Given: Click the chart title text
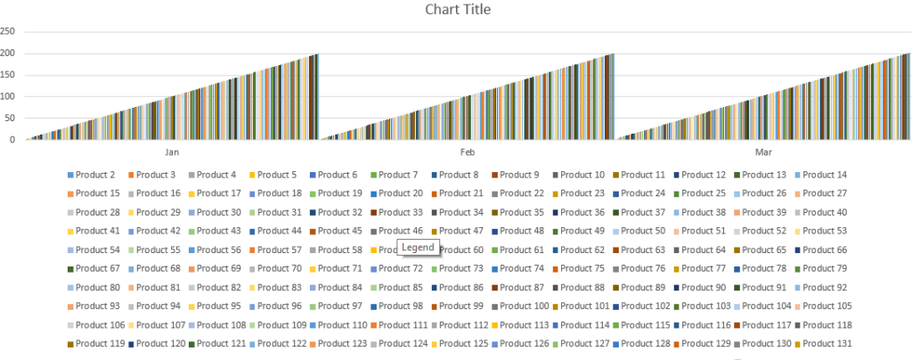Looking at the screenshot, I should click(458, 10).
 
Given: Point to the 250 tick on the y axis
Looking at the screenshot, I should click(7, 31).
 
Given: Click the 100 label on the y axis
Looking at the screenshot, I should click(7, 96).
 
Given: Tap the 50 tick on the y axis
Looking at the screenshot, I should click(9, 119).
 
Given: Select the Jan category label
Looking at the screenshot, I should click(172, 152).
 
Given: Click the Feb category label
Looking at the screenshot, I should click(467, 152).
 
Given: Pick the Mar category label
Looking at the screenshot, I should click(763, 152).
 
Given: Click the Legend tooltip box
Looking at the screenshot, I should click(418, 248).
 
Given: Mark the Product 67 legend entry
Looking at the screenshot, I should click(94, 268).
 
